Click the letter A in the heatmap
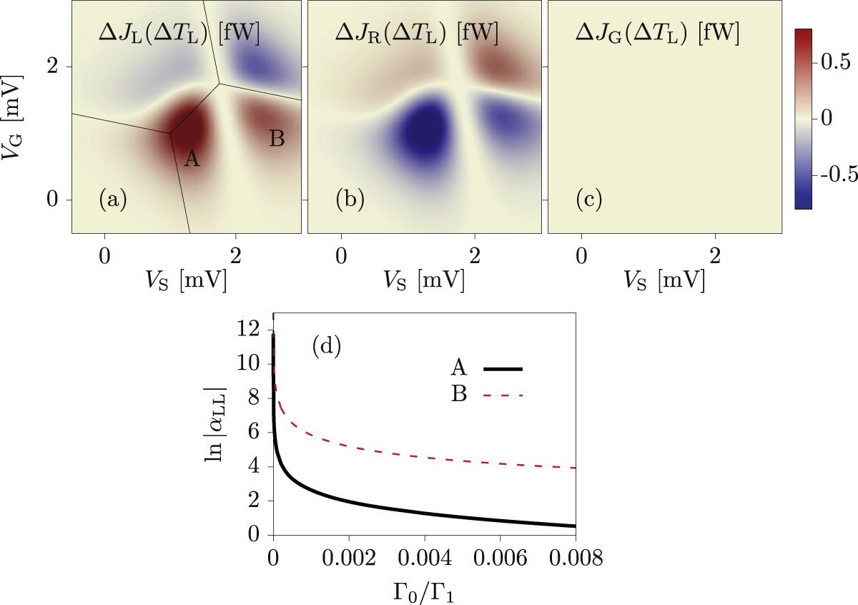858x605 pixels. tap(191, 159)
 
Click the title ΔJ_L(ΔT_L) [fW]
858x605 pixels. tap(179, 33)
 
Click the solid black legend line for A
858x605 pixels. tap(503, 368)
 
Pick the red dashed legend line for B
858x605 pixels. tap(503, 395)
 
